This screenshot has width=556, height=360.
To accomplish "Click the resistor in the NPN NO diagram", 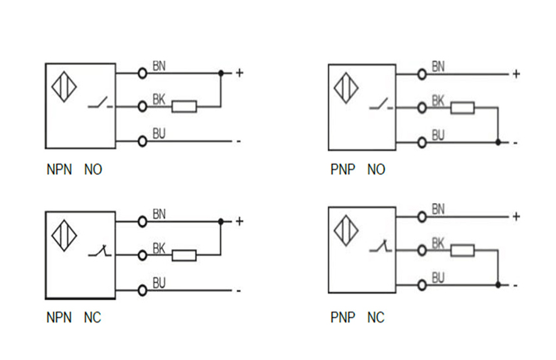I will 184,105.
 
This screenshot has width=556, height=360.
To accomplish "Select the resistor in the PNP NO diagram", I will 462,108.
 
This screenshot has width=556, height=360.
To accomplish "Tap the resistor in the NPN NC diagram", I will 184,254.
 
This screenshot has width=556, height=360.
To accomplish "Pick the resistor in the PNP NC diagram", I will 462,251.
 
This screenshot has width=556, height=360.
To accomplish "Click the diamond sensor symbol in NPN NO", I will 63,86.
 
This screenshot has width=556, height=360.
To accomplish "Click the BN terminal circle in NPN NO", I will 142,73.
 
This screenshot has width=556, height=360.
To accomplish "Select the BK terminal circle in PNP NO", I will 422,108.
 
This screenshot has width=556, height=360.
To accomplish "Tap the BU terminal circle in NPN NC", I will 142,290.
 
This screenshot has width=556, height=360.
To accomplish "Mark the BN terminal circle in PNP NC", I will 422,216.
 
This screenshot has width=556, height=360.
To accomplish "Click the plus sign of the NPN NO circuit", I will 240,73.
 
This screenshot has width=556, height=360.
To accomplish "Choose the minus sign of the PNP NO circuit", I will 515,143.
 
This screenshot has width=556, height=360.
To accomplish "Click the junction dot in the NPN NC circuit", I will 222,222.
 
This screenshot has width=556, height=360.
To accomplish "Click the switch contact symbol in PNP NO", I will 381,105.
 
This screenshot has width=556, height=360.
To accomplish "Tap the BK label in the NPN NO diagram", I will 159,99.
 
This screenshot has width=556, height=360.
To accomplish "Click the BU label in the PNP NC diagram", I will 438,278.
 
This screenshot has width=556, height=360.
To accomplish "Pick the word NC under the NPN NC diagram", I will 92,318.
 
